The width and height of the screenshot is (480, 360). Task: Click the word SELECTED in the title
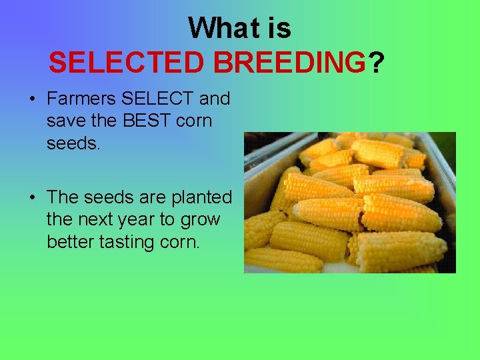click(127, 63)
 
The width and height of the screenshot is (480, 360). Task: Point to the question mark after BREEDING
click(376, 63)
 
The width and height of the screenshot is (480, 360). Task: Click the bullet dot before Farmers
click(31, 99)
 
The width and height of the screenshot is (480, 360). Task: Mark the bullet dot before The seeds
click(31, 198)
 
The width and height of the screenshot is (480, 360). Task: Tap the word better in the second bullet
click(70, 241)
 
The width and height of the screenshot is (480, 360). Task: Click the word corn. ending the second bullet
click(181, 241)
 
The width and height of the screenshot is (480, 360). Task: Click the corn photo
click(349, 202)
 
